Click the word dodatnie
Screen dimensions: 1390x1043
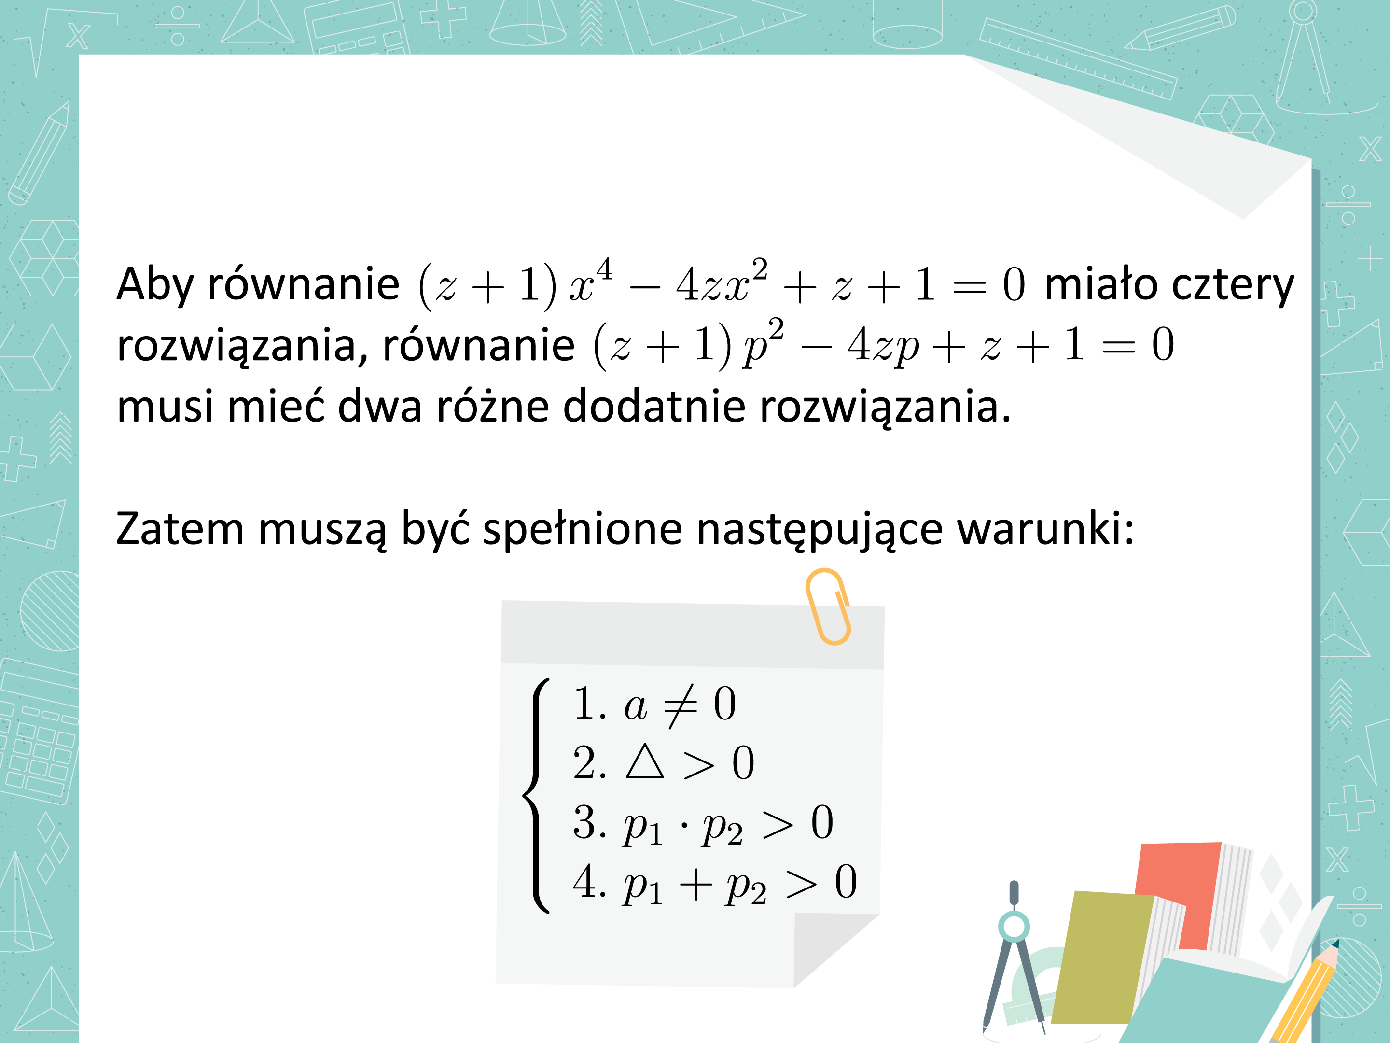click(x=653, y=406)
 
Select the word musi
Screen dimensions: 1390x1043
click(x=165, y=406)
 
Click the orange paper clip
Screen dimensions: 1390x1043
click(x=828, y=606)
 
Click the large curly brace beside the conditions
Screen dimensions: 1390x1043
click(x=536, y=795)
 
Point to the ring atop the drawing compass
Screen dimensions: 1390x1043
click(x=1014, y=926)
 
